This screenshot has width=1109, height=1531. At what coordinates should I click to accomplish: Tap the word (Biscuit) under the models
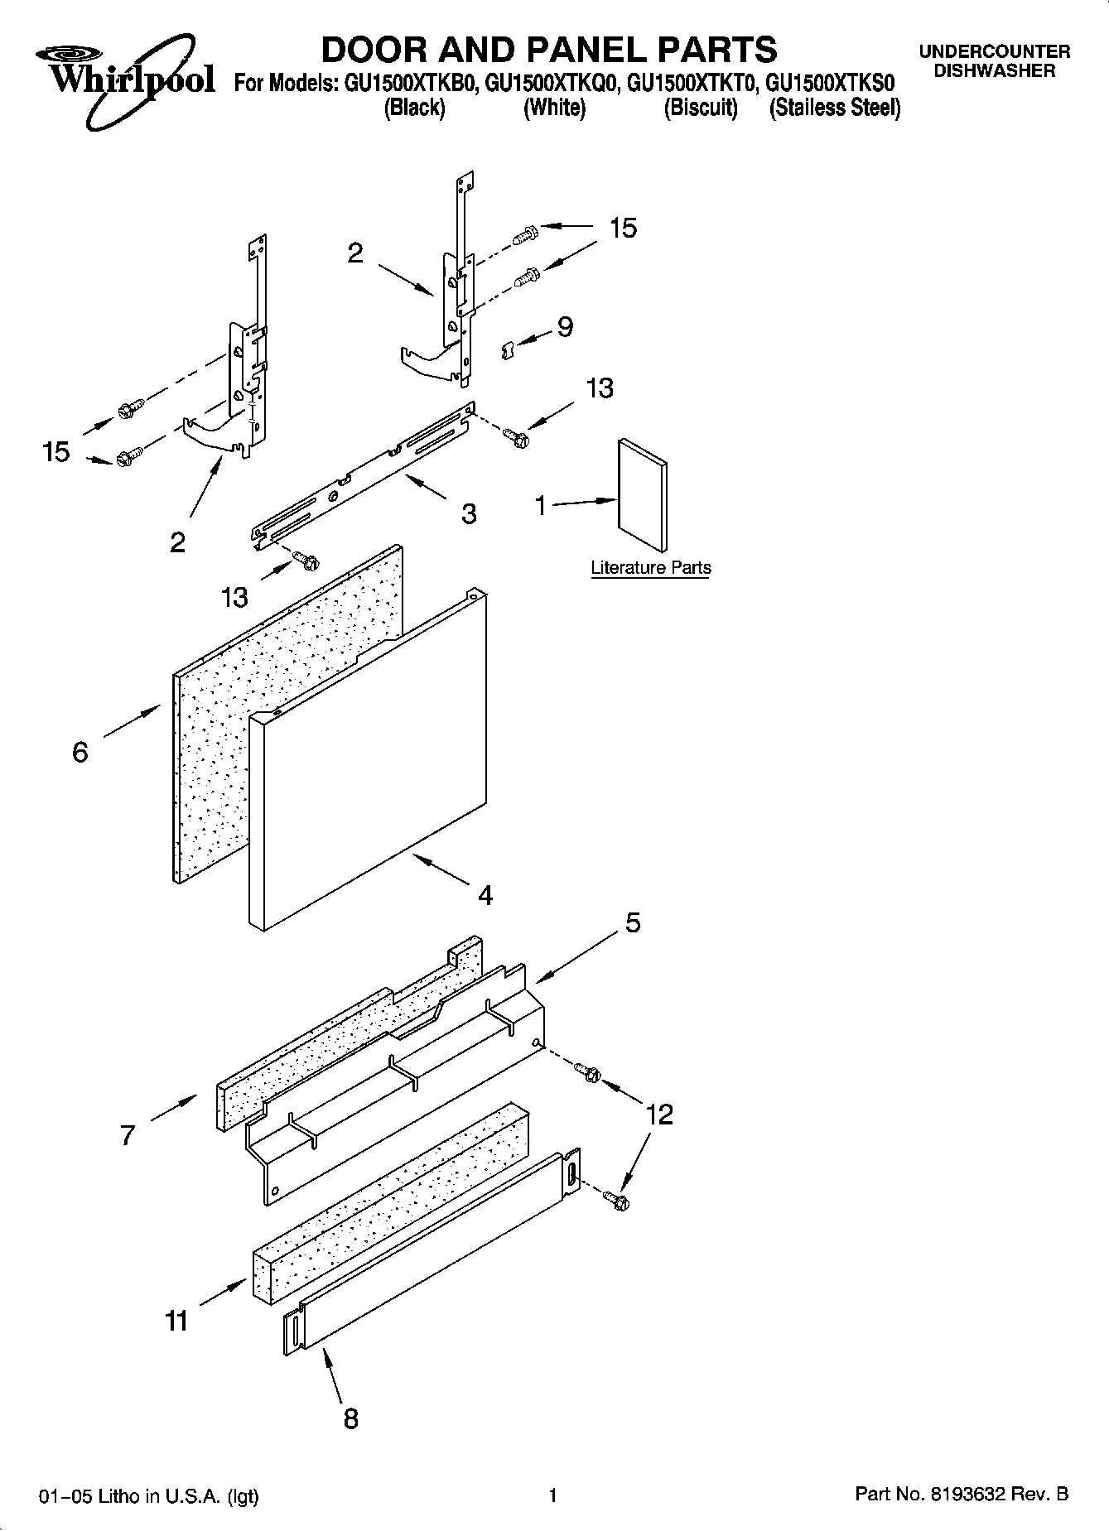pyautogui.click(x=701, y=108)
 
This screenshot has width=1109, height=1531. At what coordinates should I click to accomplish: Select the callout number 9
pyautogui.click(x=565, y=327)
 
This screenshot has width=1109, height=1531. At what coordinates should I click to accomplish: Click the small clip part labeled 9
pyautogui.click(x=509, y=350)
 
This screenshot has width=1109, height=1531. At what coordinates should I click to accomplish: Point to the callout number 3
pyautogui.click(x=469, y=514)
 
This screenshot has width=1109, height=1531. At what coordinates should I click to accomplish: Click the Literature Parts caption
pyautogui.click(x=650, y=568)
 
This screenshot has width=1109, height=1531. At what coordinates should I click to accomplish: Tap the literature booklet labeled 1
pyautogui.click(x=643, y=495)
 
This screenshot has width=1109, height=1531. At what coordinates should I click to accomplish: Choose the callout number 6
pyautogui.click(x=80, y=752)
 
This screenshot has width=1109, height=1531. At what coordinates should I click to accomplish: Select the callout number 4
pyautogui.click(x=485, y=895)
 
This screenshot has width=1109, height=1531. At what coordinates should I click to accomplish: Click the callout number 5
pyautogui.click(x=633, y=922)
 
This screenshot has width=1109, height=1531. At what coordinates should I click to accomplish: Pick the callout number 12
pyautogui.click(x=659, y=1115)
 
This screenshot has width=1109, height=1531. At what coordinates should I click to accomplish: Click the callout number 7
pyautogui.click(x=127, y=1134)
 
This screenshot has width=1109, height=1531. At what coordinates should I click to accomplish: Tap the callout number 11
pyautogui.click(x=176, y=1321)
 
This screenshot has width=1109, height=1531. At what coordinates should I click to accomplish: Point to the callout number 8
pyautogui.click(x=350, y=1418)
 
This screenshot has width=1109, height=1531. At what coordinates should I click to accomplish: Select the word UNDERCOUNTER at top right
pyautogui.click(x=994, y=52)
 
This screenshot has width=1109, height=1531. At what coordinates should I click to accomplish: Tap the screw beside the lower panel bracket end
pyautogui.click(x=616, y=1199)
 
